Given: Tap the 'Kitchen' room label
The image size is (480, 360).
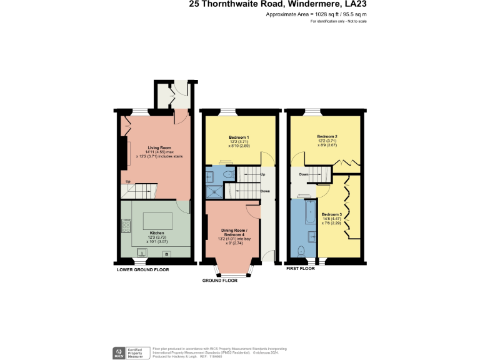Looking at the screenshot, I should tap(157, 233).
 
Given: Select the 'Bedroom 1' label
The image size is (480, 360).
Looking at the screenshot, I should tap(239, 137).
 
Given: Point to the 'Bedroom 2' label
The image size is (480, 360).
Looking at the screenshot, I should tap(327, 136).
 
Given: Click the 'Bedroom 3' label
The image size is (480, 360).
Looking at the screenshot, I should tap(331, 214).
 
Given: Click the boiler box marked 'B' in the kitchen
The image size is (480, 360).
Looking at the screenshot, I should tap(166, 254).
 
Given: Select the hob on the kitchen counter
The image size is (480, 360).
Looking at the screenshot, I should tap(126, 226).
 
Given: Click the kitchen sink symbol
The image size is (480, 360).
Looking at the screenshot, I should tap(142, 254).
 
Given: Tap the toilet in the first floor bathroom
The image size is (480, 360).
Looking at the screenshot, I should tap(302, 252).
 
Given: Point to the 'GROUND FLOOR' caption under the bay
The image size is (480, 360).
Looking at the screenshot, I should tap(219, 281).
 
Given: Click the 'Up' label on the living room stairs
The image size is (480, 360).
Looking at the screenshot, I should tap(127, 182).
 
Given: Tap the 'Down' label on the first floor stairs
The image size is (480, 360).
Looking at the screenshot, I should tap(304, 174).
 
